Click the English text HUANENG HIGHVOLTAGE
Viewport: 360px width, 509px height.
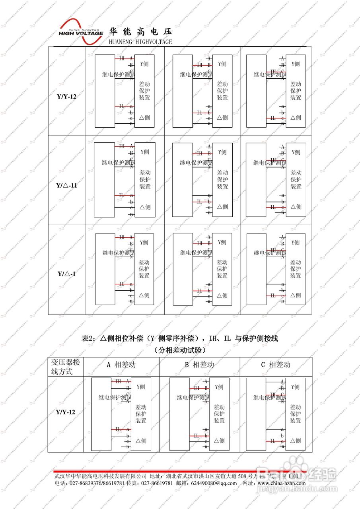[140, 42]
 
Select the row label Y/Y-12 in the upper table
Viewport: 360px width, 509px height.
[66, 96]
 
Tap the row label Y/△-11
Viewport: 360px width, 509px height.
[66, 185]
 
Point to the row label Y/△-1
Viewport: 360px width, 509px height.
[66, 274]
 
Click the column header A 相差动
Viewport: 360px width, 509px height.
[121, 364]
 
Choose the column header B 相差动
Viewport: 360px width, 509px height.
[199, 364]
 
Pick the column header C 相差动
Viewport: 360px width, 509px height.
[276, 364]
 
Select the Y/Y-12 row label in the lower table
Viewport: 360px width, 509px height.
[65, 412]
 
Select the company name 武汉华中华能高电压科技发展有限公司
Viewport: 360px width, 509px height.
[101, 476]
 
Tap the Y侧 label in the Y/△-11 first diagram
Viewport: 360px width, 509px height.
[145, 152]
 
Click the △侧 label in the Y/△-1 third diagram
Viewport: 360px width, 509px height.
[296, 295]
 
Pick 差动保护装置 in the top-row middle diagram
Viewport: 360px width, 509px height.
[222, 91]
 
